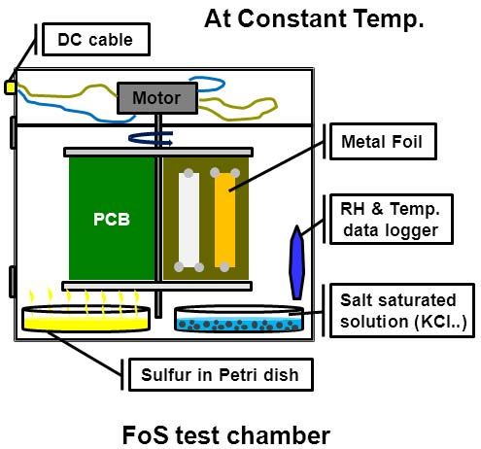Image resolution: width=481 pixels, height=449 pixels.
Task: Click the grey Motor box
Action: (x=157, y=98)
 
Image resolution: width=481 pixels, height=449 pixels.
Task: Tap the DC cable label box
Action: (x=96, y=40)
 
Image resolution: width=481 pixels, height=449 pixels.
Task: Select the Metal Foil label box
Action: (x=383, y=141)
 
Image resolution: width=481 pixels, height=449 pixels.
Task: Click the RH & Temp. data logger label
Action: (x=391, y=219)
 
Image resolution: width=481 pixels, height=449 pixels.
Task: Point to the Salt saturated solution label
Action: (x=402, y=310)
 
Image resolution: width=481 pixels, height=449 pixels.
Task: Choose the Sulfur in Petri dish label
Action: (x=221, y=374)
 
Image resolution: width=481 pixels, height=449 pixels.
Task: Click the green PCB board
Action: (x=112, y=219)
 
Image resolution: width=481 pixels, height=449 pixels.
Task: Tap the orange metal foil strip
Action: (x=224, y=221)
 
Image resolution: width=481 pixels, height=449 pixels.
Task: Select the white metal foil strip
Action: (x=189, y=221)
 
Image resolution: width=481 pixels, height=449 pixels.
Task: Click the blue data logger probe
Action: (x=296, y=262)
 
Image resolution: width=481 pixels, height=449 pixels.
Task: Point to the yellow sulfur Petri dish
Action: (x=86, y=319)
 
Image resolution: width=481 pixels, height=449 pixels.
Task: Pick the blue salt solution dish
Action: (x=239, y=320)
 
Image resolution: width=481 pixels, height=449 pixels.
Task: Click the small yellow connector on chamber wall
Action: (x=10, y=87)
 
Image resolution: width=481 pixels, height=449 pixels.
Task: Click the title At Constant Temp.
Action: (x=314, y=18)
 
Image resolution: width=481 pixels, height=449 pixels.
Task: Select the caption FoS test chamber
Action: (x=226, y=435)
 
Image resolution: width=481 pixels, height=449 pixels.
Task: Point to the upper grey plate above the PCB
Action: (x=158, y=152)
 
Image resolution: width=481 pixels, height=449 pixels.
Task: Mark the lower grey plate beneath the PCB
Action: (x=157, y=286)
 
